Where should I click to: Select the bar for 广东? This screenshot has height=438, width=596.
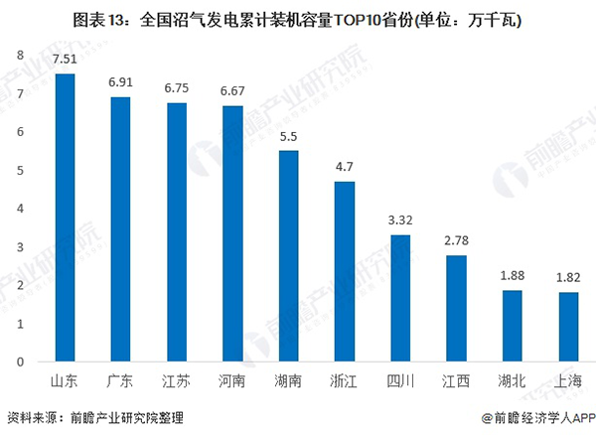[x=121, y=229]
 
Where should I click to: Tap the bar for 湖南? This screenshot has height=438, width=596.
[x=289, y=256]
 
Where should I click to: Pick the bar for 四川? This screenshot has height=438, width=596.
[x=401, y=298]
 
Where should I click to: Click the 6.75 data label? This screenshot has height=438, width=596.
[x=177, y=87]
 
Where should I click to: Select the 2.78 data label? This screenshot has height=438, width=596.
[x=457, y=240]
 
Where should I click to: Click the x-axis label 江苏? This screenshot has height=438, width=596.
[x=177, y=380]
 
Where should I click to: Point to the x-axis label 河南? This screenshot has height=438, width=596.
[x=232, y=380]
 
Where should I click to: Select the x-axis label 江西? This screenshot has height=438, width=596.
[x=457, y=380]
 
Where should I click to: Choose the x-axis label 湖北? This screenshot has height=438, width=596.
[x=514, y=380]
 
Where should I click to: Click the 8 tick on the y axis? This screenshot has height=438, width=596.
[x=20, y=56]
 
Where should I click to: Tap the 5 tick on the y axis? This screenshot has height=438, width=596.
[x=20, y=170]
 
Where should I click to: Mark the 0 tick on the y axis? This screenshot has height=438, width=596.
[x=20, y=362]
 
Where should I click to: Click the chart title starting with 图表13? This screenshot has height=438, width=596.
[x=298, y=19]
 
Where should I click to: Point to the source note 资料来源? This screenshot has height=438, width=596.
[x=94, y=418]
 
